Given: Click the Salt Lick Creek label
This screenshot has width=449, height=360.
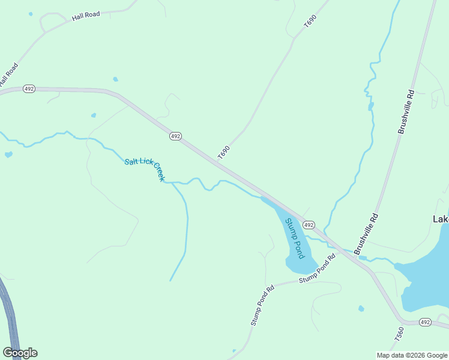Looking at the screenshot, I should point(144,170).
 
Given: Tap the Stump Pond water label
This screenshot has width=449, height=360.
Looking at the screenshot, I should point(295,239).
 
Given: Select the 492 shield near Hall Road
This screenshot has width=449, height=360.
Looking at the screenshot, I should point(29,88).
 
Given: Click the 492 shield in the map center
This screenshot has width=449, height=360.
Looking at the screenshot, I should point(175,136).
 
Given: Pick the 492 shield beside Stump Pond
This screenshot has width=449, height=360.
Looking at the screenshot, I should point(308,224).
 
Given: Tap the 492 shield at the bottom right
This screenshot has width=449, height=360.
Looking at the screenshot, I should point(425,322).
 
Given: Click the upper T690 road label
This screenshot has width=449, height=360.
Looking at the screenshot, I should point(310,22).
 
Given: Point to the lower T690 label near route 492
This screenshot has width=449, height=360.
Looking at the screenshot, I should point(224,152).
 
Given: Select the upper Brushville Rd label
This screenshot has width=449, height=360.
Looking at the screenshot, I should point(406,112).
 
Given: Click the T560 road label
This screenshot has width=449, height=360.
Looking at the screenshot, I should point(400,334).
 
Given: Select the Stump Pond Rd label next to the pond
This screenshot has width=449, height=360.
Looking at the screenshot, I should point(317,269).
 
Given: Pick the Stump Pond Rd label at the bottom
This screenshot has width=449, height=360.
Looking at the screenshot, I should point(262,305).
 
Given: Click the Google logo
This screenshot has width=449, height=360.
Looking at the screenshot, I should point(20,353).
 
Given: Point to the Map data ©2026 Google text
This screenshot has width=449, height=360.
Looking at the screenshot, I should point(412,355).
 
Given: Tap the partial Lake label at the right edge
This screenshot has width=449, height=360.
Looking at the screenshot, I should point(441,219).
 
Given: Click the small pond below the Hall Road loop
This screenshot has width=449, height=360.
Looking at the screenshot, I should point(115,79).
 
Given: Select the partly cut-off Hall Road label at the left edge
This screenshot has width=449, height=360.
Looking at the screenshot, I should point(8,74).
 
